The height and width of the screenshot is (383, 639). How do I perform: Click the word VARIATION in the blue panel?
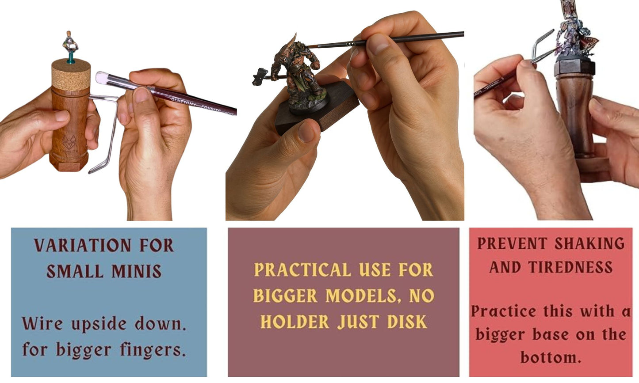(82, 245)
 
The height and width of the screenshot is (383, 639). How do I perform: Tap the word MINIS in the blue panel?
(137, 271)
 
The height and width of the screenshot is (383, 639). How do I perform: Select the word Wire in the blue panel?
(42, 324)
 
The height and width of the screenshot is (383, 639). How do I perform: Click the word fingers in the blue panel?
(153, 350)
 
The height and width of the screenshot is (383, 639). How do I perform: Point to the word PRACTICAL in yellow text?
(302, 269)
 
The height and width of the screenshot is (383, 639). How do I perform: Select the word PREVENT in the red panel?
(512, 243)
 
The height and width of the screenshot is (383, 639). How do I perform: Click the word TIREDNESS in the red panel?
(570, 267)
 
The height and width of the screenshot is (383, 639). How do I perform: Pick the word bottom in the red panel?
(551, 357)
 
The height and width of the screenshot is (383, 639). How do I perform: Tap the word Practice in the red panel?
(503, 311)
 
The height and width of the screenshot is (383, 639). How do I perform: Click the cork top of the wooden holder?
(71, 75)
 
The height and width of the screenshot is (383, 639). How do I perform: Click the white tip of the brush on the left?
(102, 78)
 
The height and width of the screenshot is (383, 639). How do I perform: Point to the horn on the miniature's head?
(291, 42)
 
